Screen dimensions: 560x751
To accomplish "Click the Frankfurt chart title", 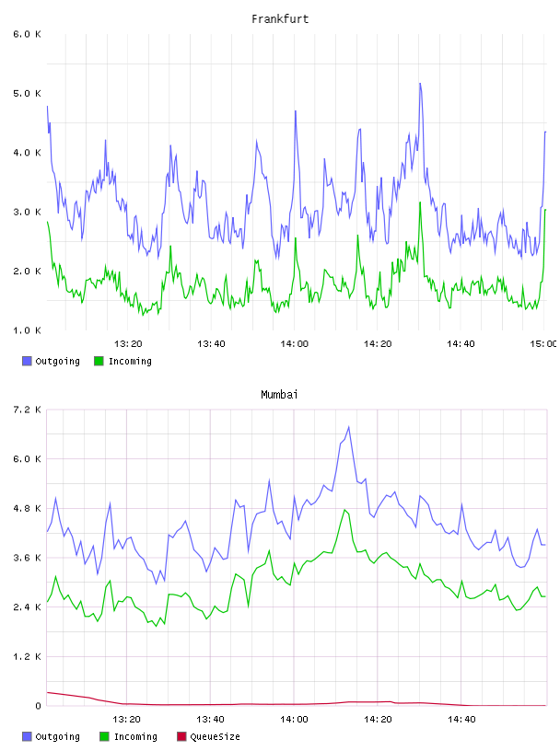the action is click(280, 19).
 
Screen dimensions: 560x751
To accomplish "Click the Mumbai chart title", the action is click(279, 395).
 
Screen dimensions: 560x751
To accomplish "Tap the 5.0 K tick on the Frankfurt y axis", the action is click(28, 93).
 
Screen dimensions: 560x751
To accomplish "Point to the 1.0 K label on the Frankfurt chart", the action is click(28, 330).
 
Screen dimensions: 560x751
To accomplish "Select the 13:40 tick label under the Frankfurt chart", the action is click(211, 344).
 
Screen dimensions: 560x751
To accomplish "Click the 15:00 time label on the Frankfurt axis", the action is click(543, 344).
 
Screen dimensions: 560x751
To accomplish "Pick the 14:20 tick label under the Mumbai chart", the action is click(378, 720).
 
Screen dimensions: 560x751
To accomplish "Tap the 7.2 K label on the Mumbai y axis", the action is click(28, 410).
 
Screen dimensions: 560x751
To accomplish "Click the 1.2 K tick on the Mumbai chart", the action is click(28, 656).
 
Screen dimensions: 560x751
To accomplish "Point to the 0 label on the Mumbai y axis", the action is click(39, 706).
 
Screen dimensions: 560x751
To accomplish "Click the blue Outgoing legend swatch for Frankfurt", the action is click(27, 361).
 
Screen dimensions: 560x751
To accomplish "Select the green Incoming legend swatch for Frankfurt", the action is click(99, 361).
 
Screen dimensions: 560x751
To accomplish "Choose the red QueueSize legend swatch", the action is click(181, 736).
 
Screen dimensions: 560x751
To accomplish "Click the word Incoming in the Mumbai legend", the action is click(135, 736).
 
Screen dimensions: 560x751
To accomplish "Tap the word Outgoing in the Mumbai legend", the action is click(57, 736).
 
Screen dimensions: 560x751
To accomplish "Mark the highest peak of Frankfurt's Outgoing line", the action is click(420, 84).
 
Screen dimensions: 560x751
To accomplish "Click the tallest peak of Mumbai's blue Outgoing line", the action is click(349, 427).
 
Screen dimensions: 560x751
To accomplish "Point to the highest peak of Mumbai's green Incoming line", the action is click(344, 510).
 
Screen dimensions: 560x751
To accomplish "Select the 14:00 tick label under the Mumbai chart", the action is click(295, 720).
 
